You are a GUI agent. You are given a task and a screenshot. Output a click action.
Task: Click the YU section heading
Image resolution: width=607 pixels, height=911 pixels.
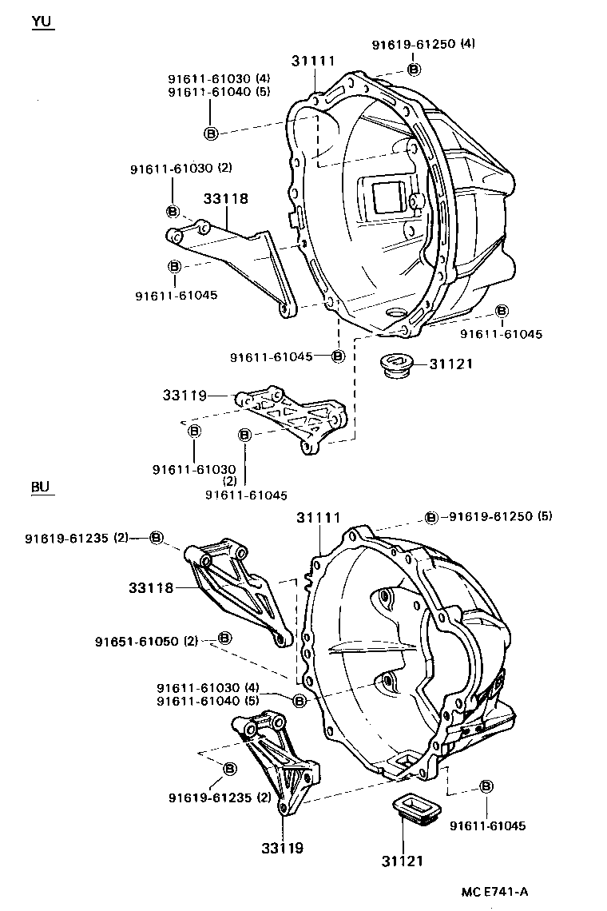point(42,22)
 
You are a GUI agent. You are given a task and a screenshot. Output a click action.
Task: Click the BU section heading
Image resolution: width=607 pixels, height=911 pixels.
point(42,487)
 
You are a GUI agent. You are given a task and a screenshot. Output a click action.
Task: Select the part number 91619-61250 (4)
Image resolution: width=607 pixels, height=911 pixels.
point(423,44)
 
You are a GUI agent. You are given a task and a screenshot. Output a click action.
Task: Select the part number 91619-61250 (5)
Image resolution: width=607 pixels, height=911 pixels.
point(500,516)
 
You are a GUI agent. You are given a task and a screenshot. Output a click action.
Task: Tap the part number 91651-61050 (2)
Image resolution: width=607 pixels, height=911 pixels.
point(146,641)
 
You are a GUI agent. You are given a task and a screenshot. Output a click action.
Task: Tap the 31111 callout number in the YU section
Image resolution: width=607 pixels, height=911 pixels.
point(312,61)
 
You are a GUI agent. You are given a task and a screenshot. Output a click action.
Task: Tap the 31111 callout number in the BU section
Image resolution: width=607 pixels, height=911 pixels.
point(319,518)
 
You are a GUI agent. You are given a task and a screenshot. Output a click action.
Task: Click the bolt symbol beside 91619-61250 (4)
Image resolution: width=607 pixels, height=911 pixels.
point(414,69)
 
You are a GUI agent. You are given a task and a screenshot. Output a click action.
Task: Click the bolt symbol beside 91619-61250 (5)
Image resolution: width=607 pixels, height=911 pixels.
point(431,517)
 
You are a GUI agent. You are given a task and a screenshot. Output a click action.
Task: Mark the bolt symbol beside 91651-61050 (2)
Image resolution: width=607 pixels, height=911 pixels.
point(224,638)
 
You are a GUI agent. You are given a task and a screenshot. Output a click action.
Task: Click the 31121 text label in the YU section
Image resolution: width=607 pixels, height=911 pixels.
point(451,364)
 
